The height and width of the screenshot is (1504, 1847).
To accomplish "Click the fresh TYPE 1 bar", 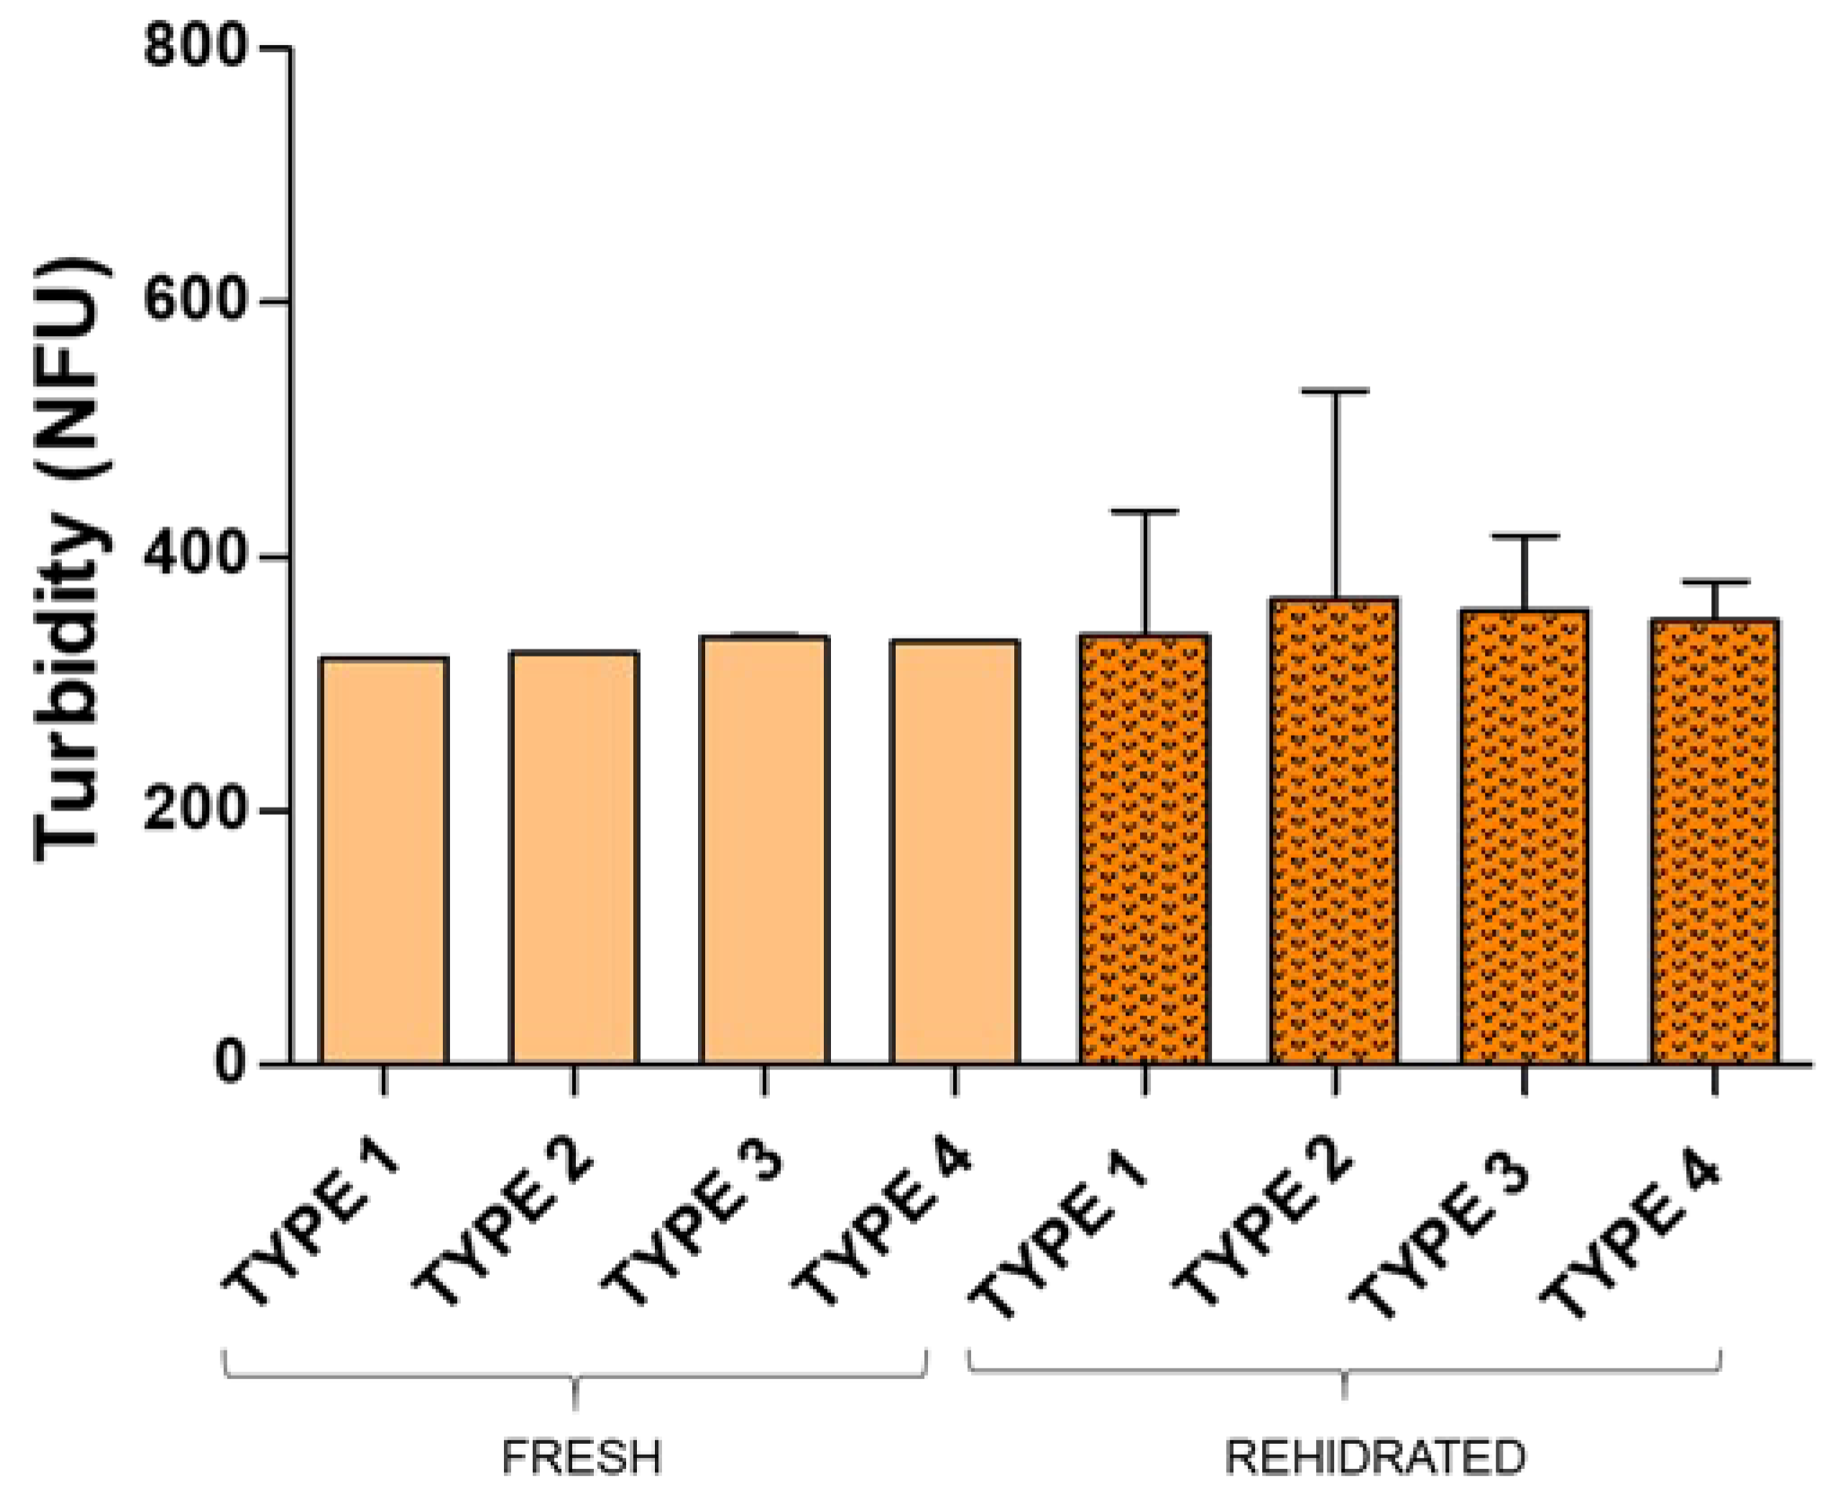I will pyautogui.click(x=384, y=861).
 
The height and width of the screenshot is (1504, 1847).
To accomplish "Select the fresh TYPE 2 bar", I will pyautogui.click(x=574, y=858).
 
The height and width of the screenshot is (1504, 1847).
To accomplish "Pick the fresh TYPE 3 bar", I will pyautogui.click(x=764, y=850).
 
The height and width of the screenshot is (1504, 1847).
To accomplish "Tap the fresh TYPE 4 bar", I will pyautogui.click(x=955, y=852).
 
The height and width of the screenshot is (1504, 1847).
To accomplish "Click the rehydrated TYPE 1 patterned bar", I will pyautogui.click(x=1144, y=849).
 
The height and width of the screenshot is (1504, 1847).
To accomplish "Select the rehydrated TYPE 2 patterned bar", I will pyautogui.click(x=1334, y=831).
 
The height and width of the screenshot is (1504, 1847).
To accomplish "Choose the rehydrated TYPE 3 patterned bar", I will pyautogui.click(x=1524, y=836).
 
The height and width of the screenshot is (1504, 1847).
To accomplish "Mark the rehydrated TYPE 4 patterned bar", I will pyautogui.click(x=1714, y=841).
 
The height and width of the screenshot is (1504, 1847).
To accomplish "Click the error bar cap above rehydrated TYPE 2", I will pyautogui.click(x=1335, y=392).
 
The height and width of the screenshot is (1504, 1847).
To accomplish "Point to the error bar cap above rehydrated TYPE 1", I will pyautogui.click(x=1144, y=512).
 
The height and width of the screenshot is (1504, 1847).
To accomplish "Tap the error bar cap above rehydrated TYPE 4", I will pyautogui.click(x=1715, y=582).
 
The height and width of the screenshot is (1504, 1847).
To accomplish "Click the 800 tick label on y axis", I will pyautogui.click(x=194, y=47).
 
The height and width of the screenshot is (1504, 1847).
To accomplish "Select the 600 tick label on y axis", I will pyautogui.click(x=194, y=300).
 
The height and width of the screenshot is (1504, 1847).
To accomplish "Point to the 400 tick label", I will pyautogui.click(x=194, y=555).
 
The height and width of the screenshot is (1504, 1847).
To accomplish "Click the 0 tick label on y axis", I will pyautogui.click(x=230, y=1063).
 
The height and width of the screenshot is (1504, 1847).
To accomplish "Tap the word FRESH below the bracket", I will pyautogui.click(x=581, y=1457).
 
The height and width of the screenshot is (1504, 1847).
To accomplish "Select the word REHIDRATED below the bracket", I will pyautogui.click(x=1374, y=1457).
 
